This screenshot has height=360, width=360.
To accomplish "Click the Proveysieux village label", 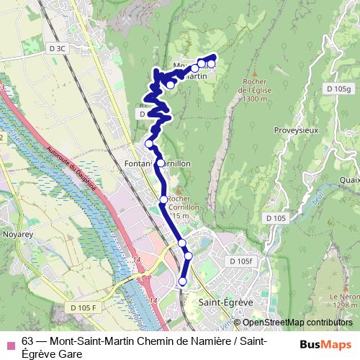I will pyautogui.click(x=296, y=130).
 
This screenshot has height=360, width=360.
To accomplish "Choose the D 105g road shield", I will pyautogui.click(x=342, y=89).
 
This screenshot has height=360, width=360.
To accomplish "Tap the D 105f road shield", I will pyautogui.click(x=241, y=261).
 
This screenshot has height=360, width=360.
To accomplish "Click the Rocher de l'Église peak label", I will pyautogui.click(x=256, y=89).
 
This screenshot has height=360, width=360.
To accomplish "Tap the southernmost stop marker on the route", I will pyautogui.click(x=182, y=282).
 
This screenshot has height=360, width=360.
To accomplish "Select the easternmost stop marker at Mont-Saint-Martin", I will pyautogui.click(x=211, y=65).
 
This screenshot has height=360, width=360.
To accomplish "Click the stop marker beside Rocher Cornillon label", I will pyautogui.click(x=163, y=199).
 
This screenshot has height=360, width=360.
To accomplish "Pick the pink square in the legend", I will pyautogui.click(x=10, y=342).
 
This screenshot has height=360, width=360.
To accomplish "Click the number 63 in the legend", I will pyautogui.click(x=28, y=341).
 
